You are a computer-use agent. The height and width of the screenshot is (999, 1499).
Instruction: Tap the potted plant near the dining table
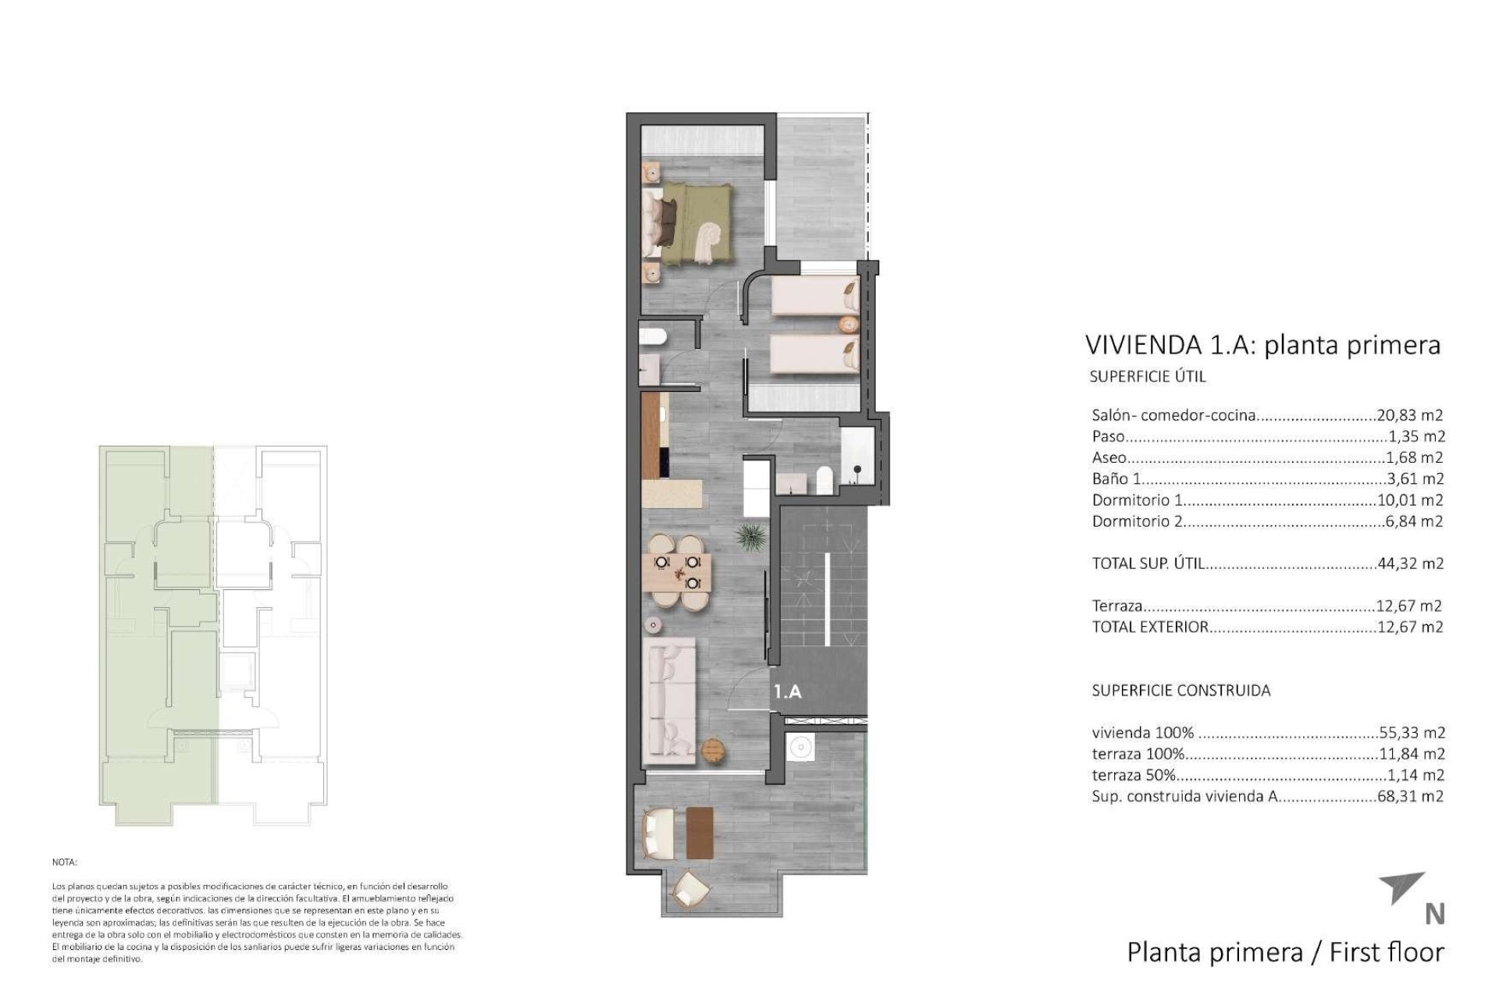(x=750, y=536)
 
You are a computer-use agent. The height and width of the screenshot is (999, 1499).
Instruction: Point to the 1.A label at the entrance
(x=788, y=691)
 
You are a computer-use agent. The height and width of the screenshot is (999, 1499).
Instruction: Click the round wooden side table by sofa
(x=714, y=750)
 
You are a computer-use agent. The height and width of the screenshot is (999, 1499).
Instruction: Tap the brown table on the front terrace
(x=700, y=832)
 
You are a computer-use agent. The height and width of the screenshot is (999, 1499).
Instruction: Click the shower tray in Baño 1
(x=859, y=454)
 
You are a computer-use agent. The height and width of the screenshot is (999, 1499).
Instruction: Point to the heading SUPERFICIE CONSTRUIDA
(x=1180, y=691)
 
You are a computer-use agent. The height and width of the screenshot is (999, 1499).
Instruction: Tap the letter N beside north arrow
(x=1434, y=914)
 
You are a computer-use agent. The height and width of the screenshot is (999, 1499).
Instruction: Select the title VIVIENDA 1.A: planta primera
(x=1262, y=344)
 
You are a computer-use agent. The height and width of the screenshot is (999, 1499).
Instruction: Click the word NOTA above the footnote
(x=64, y=863)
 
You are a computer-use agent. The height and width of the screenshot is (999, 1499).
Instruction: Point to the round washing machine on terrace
(x=799, y=748)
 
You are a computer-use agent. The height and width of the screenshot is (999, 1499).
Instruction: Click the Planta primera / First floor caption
(x=1285, y=952)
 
